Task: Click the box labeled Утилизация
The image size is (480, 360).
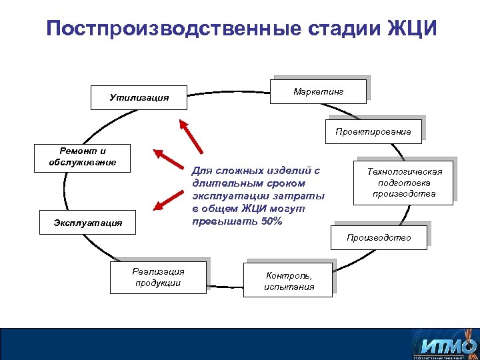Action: coord(139,98)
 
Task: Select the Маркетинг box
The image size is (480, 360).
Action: coord(318,91)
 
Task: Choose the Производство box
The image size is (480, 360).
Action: coord(379,238)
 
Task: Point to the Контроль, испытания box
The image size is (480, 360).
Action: coord(289,280)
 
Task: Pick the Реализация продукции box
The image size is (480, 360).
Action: coord(159,277)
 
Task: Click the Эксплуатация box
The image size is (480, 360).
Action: coord(89,223)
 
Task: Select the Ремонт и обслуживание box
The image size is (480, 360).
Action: coord(83,157)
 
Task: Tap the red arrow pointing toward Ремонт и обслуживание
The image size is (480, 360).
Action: coord(168,158)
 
